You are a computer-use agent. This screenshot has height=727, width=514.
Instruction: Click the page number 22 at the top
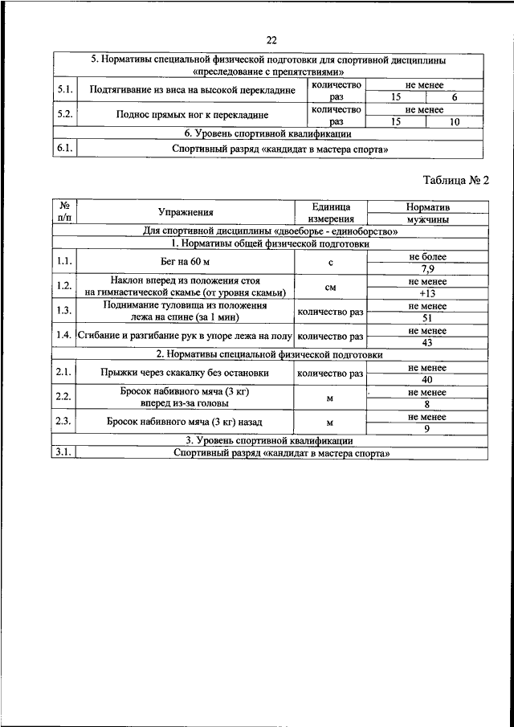pos(271,41)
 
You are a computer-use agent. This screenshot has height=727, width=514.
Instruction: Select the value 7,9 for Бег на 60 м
pos(427,268)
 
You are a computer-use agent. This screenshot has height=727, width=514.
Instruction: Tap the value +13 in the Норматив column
pos(427,293)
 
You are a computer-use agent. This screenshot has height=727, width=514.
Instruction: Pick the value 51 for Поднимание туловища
pos(427,318)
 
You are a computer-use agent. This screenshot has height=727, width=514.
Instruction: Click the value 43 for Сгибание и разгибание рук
pos(427,342)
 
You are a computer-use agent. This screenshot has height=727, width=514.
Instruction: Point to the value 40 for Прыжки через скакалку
pos(427,379)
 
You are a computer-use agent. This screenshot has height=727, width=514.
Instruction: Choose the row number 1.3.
pos(64,312)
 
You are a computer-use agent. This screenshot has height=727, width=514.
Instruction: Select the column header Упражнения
pos(186,212)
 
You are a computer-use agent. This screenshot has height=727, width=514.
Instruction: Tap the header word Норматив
pos(427,206)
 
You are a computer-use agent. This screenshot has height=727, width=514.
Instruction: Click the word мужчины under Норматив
pos(427,219)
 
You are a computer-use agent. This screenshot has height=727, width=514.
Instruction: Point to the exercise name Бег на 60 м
pos(186,262)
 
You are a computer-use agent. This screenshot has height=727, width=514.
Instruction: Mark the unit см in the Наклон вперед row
pos(330,287)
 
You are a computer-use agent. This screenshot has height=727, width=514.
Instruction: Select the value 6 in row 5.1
pos(455,96)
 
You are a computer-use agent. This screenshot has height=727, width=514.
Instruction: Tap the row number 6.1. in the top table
pos(64,149)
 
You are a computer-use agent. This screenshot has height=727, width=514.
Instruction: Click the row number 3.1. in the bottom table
pos(64,452)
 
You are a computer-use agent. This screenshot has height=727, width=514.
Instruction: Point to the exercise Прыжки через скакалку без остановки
pos(186,373)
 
